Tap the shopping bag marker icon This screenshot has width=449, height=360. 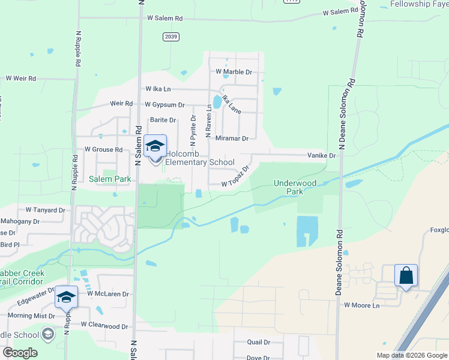click(x=406, y=277)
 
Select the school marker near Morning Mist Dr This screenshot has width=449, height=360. click(x=66, y=298)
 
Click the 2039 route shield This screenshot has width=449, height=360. click(x=170, y=37)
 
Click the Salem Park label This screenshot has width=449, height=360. click(x=110, y=179)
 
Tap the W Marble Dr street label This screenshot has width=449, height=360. click(x=234, y=72)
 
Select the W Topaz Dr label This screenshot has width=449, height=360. click(x=235, y=178)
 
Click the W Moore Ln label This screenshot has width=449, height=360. click(x=362, y=305)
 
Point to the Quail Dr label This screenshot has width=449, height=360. click(x=259, y=342)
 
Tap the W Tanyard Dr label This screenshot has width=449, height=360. click(x=45, y=210)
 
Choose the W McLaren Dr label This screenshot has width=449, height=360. click(x=108, y=294)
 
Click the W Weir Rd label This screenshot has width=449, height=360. click(x=21, y=79)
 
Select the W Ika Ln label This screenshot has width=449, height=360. click(x=158, y=89)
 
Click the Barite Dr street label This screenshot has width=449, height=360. click(x=163, y=120)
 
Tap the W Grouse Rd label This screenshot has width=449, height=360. click(x=103, y=149)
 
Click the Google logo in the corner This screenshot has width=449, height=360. click(x=20, y=353)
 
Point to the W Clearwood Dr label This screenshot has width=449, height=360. click(x=104, y=326)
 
